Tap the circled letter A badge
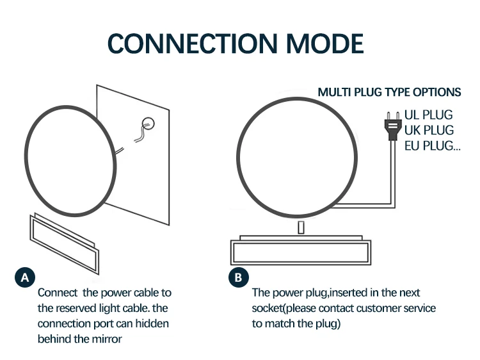(x=24, y=277)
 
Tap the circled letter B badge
(x=238, y=277)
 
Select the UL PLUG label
(x=428, y=115)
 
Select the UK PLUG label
(x=428, y=131)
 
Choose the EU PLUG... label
(x=433, y=146)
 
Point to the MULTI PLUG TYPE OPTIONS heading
(x=389, y=92)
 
